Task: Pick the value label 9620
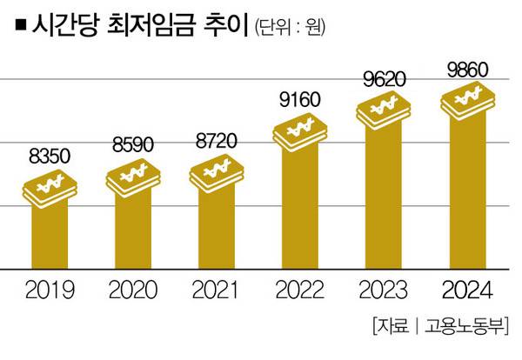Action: (x=385, y=80)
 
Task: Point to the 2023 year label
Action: (x=384, y=289)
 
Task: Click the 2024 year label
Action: (x=466, y=289)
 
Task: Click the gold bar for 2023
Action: (x=384, y=200)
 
